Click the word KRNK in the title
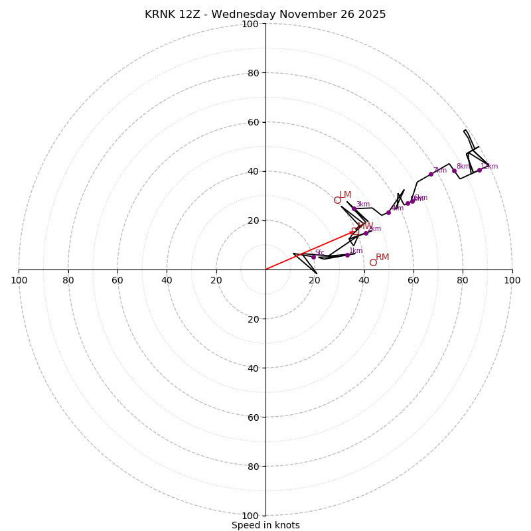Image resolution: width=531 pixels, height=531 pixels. coord(160,15)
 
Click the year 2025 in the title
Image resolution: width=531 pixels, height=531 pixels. coord(372,15)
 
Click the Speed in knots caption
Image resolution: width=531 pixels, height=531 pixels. coord(265,525)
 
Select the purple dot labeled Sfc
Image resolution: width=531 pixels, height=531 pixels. coord(314,257)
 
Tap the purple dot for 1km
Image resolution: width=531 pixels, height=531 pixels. coord(347,255)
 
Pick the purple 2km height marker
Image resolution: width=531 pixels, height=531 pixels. coord(366,233)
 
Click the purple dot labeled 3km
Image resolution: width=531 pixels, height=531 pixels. coord(354,209)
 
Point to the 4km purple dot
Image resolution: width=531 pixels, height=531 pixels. coord(388,212)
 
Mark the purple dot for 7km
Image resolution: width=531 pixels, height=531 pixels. coord(431,174)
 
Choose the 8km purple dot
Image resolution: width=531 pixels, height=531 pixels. coord(454,171)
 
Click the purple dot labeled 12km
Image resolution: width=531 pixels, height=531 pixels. coord(479,170)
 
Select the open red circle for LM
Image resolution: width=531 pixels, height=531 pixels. coord(337,200)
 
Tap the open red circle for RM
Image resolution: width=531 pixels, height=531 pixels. coord(373,262)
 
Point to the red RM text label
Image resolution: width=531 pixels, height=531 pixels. coord(382,258)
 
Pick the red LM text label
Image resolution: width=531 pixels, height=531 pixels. coord(345,195)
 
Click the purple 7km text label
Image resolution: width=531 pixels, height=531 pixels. coord(440,170)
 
